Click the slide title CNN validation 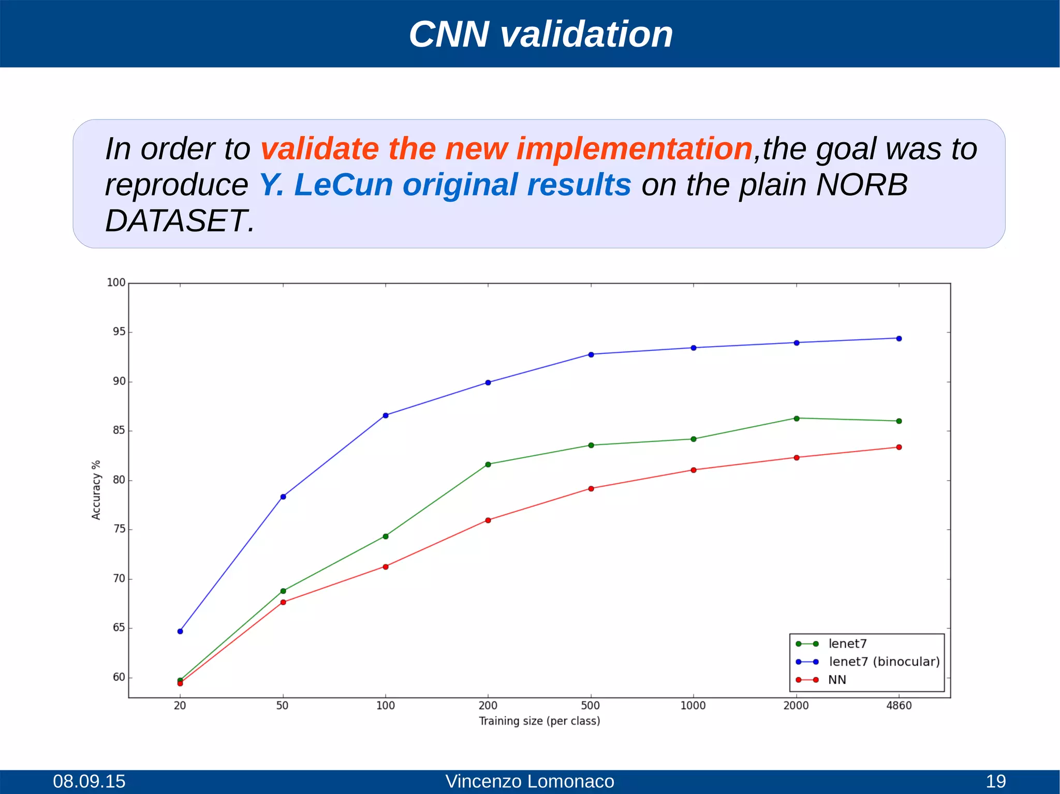(540, 35)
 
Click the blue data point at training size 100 (386, 415)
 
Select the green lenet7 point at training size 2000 (797, 418)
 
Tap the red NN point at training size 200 (488, 520)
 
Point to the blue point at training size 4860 (899, 339)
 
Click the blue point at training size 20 (180, 632)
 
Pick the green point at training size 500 (591, 445)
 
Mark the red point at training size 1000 (694, 470)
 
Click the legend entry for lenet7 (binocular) (884, 662)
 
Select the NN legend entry (837, 680)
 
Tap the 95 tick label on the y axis (119, 332)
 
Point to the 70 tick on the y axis (119, 579)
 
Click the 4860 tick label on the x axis (899, 706)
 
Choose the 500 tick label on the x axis (591, 706)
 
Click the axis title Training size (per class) (539, 721)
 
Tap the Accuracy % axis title (96, 490)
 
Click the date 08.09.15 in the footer (89, 781)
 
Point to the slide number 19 (995, 781)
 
